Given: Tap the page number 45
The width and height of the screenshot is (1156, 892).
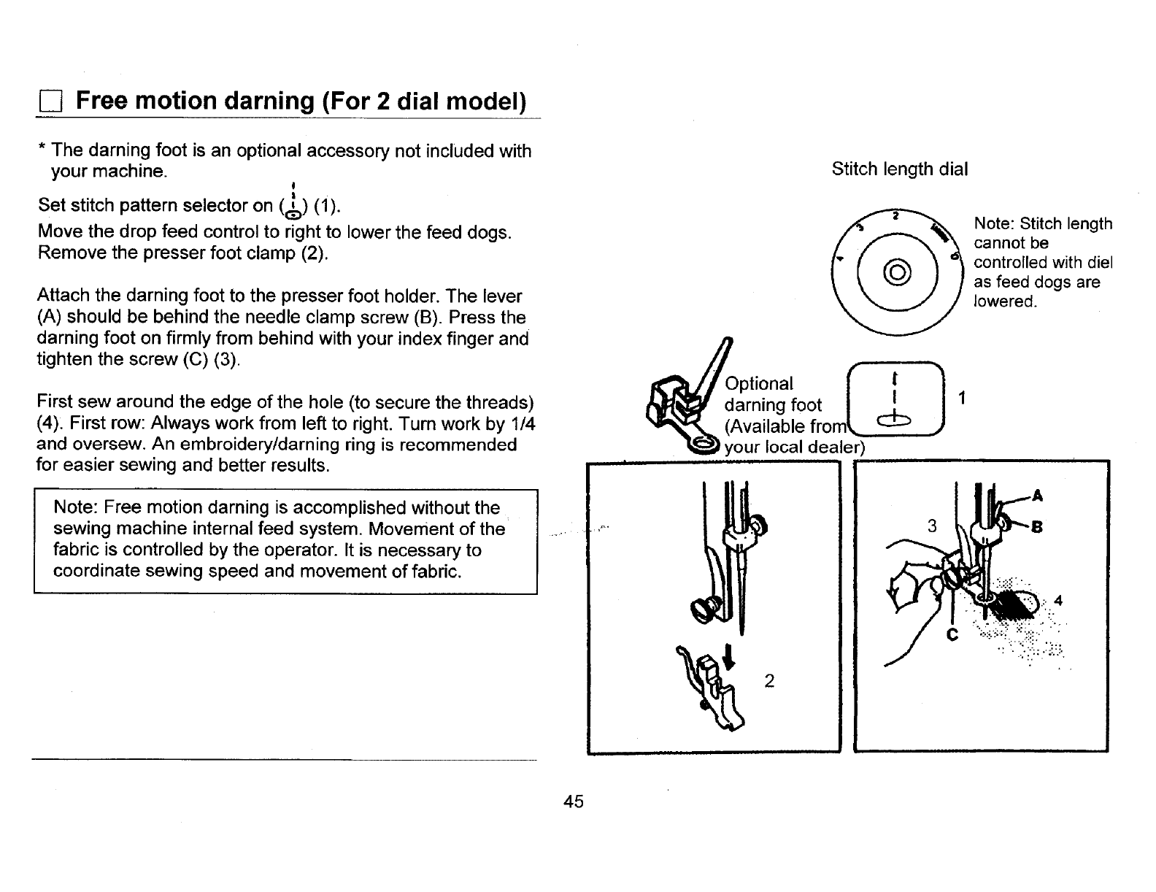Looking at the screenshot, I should [574, 801].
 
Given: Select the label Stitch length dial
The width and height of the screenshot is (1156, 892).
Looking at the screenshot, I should [899, 169].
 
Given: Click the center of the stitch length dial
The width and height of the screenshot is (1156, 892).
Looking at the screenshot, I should [897, 274].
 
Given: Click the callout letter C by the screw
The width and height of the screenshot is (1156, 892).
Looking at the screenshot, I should [952, 635].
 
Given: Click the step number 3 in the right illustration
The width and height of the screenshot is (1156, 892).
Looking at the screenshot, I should [931, 526].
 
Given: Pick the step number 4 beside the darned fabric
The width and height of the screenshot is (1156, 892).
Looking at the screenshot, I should [1057, 602].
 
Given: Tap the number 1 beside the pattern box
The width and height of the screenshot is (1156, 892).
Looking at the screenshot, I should [962, 398].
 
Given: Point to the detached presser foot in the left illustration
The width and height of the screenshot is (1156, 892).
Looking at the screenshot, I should [712, 690].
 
